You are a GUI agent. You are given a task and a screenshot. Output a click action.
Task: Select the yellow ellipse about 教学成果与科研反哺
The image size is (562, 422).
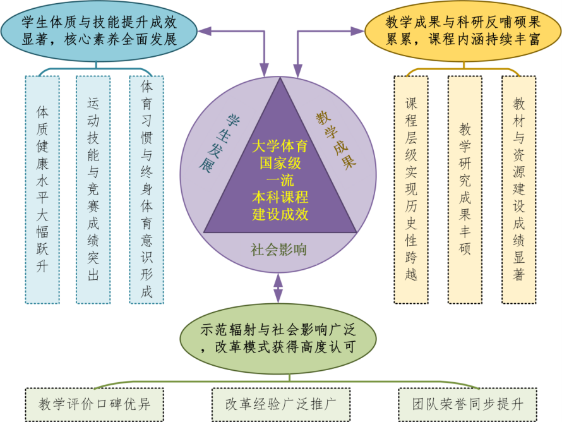[x=463, y=30]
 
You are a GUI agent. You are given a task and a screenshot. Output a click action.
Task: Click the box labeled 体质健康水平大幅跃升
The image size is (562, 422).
[x=42, y=188]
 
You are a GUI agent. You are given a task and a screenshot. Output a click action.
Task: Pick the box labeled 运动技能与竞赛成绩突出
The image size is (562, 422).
[x=93, y=188]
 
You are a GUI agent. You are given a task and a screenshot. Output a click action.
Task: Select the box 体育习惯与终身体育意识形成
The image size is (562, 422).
[x=146, y=188]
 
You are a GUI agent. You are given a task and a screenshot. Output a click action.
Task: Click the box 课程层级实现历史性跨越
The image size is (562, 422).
[x=410, y=188]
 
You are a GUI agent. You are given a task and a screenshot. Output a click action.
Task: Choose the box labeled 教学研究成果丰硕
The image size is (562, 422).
[x=464, y=188]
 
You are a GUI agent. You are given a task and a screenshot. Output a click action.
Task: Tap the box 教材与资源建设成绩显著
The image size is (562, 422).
[x=518, y=188]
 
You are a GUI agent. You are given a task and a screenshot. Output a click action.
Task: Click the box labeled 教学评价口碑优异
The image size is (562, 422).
[x=93, y=403]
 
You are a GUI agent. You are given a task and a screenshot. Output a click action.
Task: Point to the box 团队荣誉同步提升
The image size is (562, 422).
[x=467, y=403]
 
